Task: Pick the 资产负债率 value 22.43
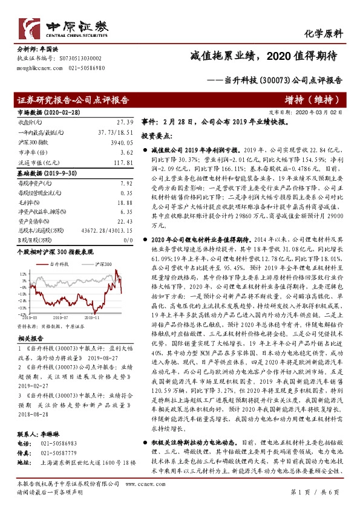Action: tap(124, 222)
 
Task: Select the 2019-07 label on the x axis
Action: tap(61, 316)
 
